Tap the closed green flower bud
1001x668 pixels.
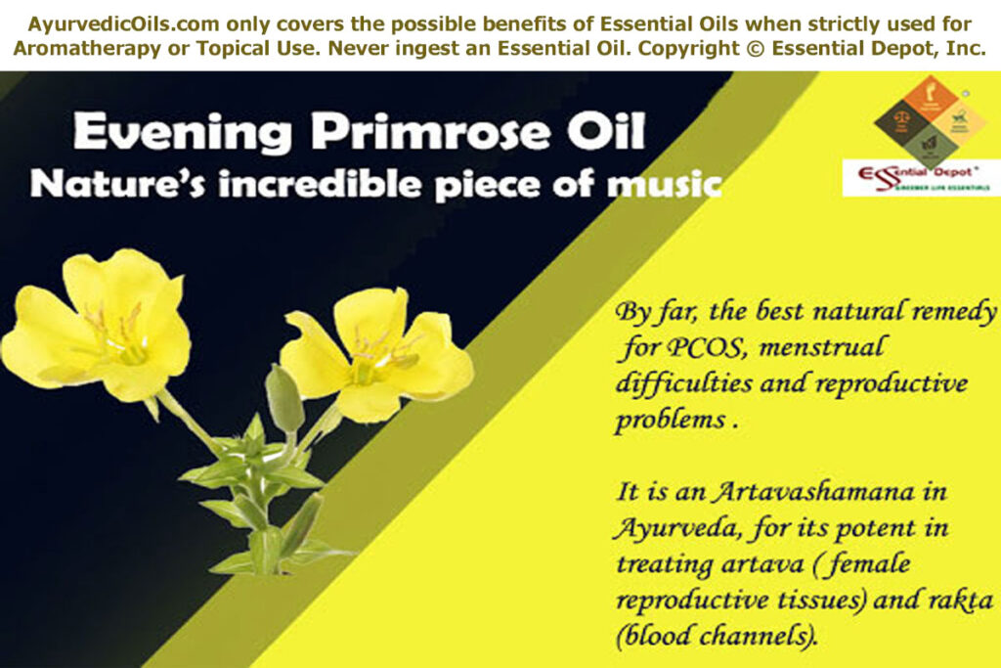(283, 396)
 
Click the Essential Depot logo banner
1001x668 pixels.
(920, 177)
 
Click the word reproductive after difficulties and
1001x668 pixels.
(898, 381)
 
